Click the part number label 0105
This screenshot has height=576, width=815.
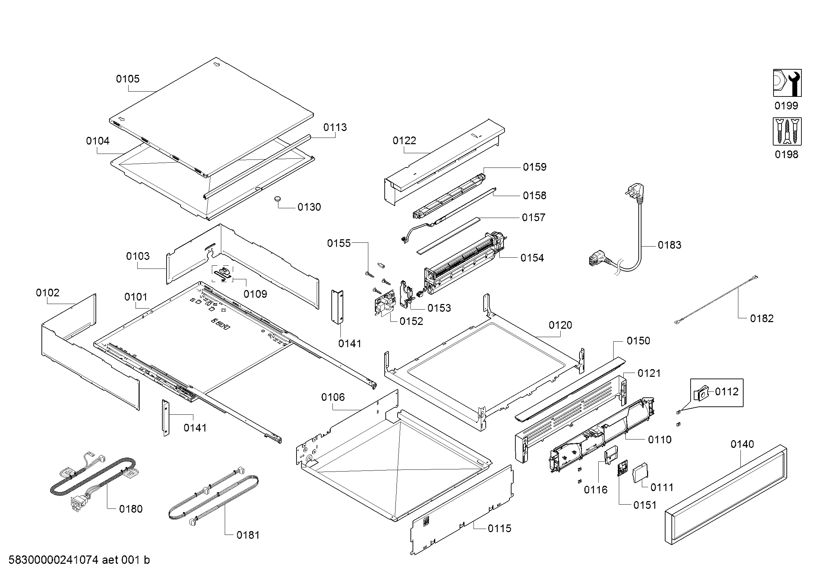pos(128,79)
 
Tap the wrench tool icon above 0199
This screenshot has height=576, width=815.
pos(787,83)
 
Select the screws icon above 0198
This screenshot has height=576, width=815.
pos(787,132)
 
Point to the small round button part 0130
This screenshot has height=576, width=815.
pos(277,200)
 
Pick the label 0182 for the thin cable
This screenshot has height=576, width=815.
pos(761,319)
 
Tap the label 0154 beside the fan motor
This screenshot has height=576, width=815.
pos(532,258)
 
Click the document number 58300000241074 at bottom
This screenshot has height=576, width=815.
pos(53,560)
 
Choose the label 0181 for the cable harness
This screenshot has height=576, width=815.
pos(248,535)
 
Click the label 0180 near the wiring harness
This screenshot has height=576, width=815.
pos(131,509)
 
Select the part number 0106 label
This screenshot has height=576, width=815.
pos(333,397)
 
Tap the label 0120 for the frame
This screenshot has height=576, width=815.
pos(560,325)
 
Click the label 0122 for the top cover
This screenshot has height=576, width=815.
pos(404,141)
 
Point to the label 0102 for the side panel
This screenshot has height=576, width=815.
pos(48,293)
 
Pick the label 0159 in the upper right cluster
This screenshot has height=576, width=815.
pos(535,167)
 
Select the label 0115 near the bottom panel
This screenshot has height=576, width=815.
pos(499,529)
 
